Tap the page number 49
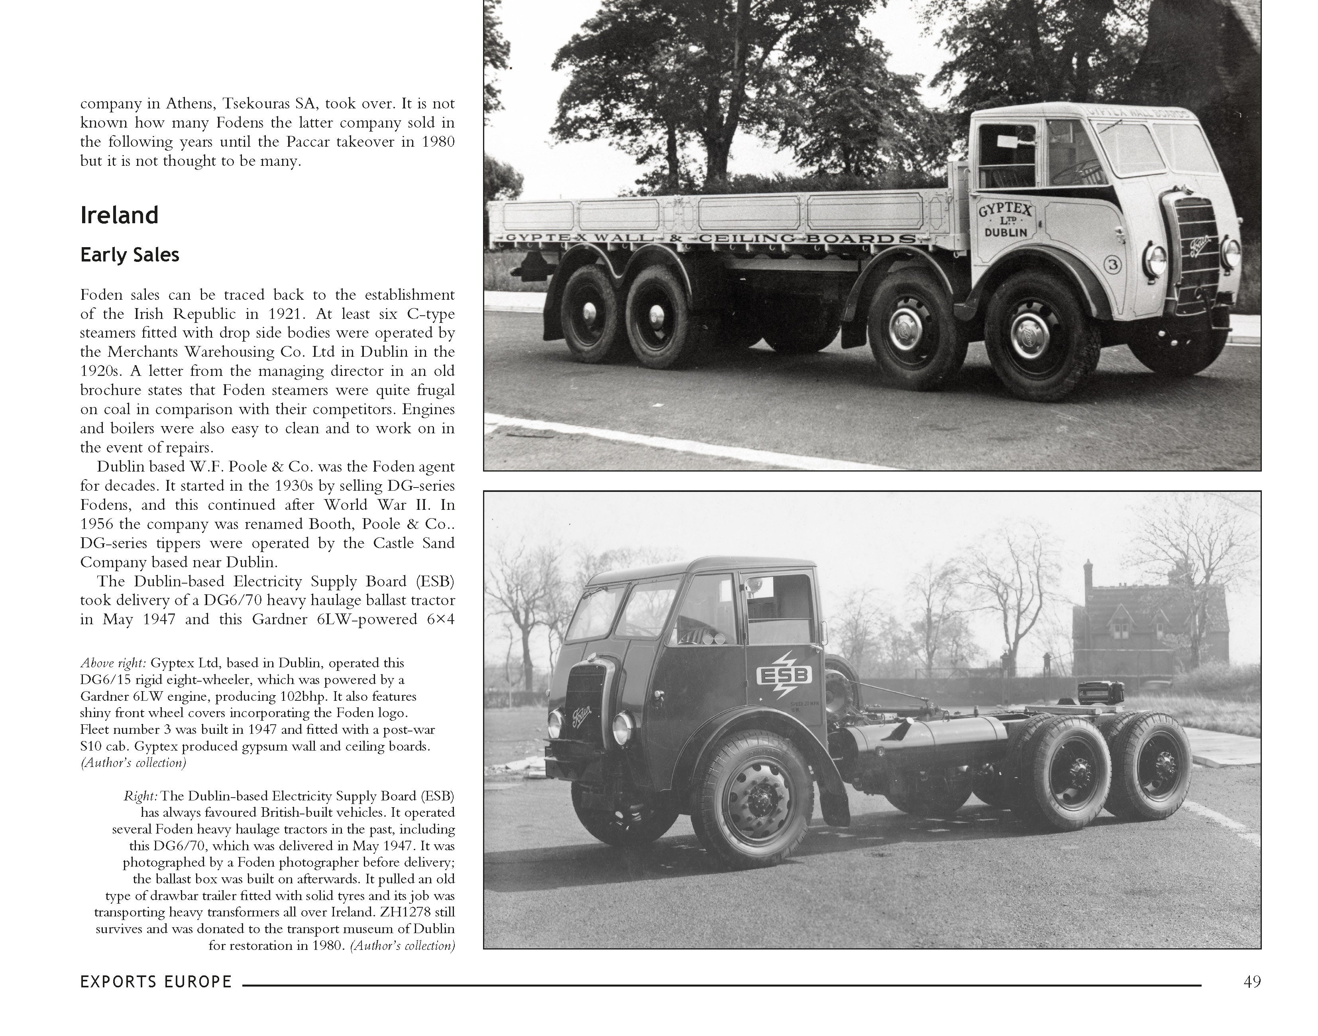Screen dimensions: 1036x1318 tap(1251, 981)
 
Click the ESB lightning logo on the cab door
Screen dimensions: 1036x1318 tap(783, 675)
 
